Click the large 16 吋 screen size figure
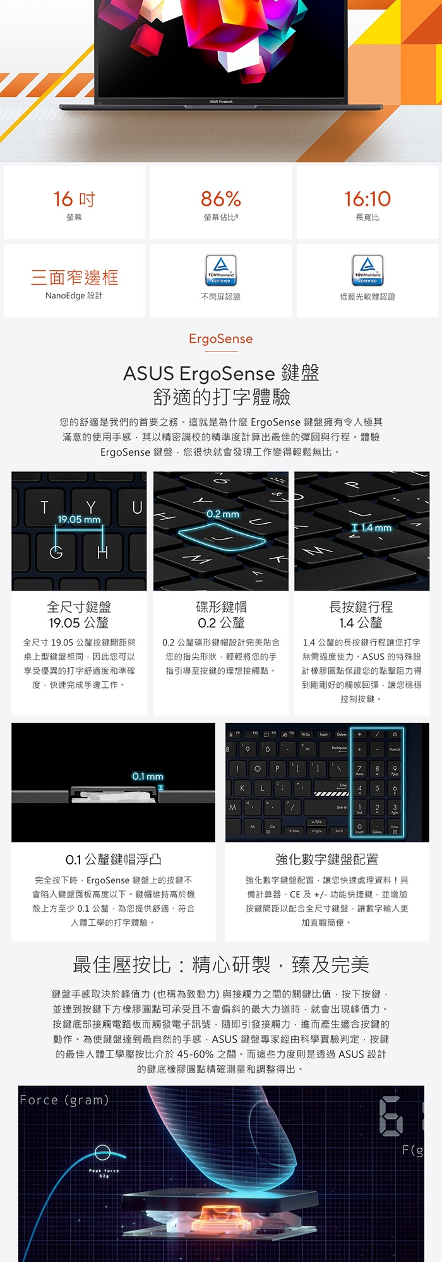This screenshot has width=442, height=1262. click(x=74, y=199)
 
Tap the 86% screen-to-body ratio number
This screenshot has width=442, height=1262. click(x=220, y=199)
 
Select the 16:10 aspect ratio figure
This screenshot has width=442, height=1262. click(x=367, y=199)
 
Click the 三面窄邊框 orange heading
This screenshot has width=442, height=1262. click(x=74, y=277)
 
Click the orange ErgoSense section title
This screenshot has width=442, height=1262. click(x=220, y=339)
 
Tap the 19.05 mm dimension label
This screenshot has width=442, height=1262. click(x=79, y=519)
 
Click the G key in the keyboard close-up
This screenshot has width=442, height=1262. click(x=56, y=553)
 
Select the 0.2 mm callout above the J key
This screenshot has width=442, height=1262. click(x=223, y=514)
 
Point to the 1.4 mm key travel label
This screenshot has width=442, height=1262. click(x=376, y=528)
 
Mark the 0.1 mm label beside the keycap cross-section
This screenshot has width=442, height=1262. click(x=148, y=776)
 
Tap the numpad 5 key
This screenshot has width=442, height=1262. click(x=377, y=788)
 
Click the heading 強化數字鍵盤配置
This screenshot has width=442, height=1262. click(x=326, y=859)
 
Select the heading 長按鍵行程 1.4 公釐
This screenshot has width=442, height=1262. click(x=361, y=615)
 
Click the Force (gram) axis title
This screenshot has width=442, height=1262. click(x=64, y=1100)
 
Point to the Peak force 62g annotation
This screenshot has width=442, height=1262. click(x=103, y=1173)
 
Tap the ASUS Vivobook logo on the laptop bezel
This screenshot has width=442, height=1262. click(x=221, y=102)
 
